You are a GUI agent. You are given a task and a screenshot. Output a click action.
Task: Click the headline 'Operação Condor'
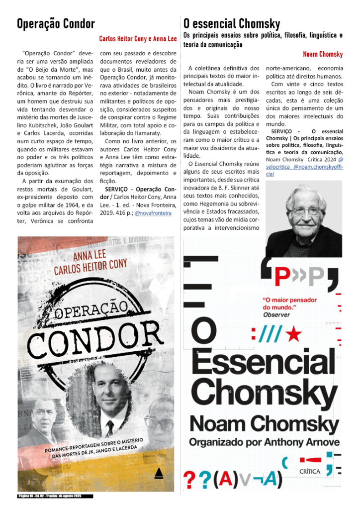[x=56, y=23]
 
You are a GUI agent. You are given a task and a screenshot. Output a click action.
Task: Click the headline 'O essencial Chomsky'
[x=232, y=23]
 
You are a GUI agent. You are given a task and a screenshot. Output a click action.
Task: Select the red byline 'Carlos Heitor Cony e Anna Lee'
[x=138, y=39]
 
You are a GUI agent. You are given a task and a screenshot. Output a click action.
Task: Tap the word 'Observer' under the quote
[x=276, y=314]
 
